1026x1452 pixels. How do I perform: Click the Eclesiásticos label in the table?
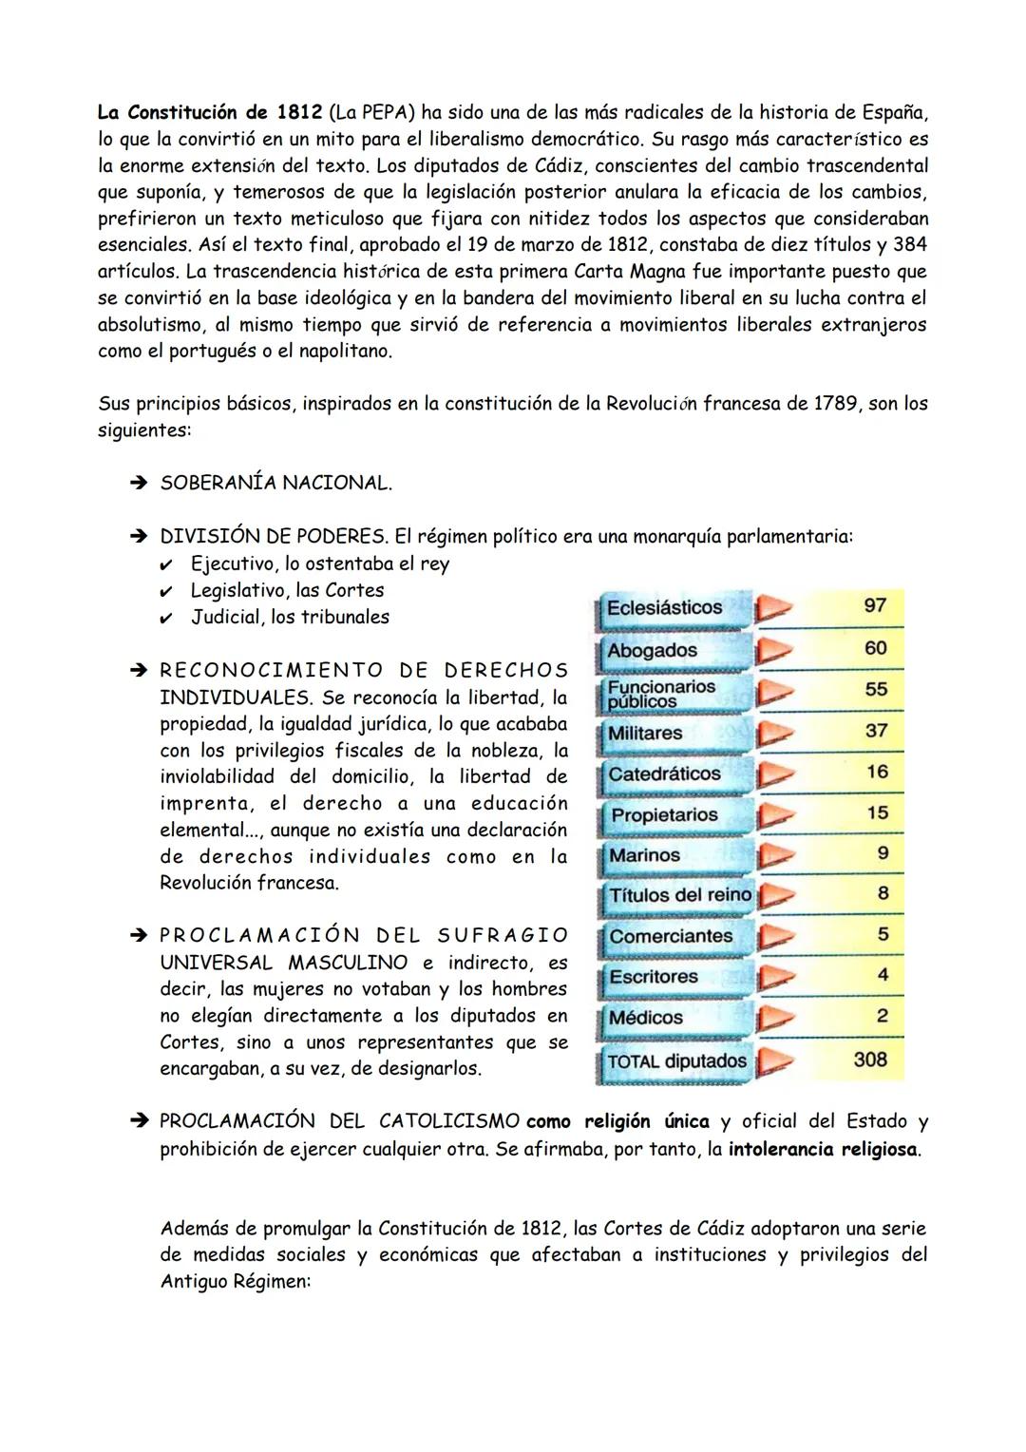664,608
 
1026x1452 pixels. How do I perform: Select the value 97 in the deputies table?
875,606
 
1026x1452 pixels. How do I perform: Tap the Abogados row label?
652,651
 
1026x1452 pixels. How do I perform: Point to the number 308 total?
870,1060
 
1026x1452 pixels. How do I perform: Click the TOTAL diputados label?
676,1061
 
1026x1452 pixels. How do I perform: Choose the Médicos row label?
646,1018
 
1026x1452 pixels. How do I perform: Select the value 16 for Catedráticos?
876,772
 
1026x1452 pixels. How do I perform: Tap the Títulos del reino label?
679,895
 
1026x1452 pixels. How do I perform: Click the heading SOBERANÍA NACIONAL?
275,483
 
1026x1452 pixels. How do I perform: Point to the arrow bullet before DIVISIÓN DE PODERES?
139,537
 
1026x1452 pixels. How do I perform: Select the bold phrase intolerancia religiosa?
823,1149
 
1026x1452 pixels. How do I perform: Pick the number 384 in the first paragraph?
909,245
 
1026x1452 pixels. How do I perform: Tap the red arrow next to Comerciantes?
774,937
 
